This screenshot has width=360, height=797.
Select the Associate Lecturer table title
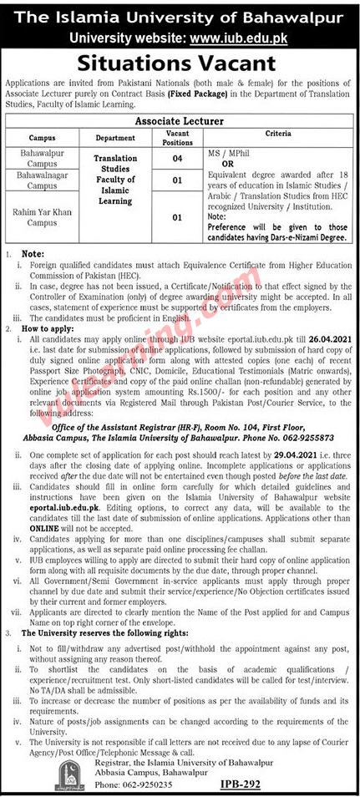pos(180,121)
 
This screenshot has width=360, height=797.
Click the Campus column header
pos(41,138)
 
